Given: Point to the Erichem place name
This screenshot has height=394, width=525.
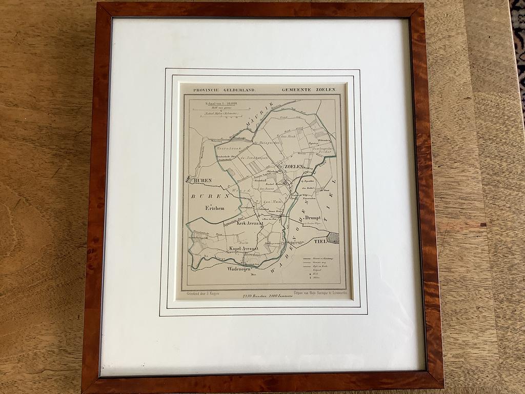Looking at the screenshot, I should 215,208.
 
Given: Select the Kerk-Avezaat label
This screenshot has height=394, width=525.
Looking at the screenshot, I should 250,223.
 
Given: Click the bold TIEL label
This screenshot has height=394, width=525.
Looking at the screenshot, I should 320,241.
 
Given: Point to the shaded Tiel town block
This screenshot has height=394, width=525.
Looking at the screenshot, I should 333,238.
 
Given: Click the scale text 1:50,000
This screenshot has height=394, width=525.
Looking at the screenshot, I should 228,104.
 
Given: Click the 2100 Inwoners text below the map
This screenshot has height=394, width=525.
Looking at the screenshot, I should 281,296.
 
